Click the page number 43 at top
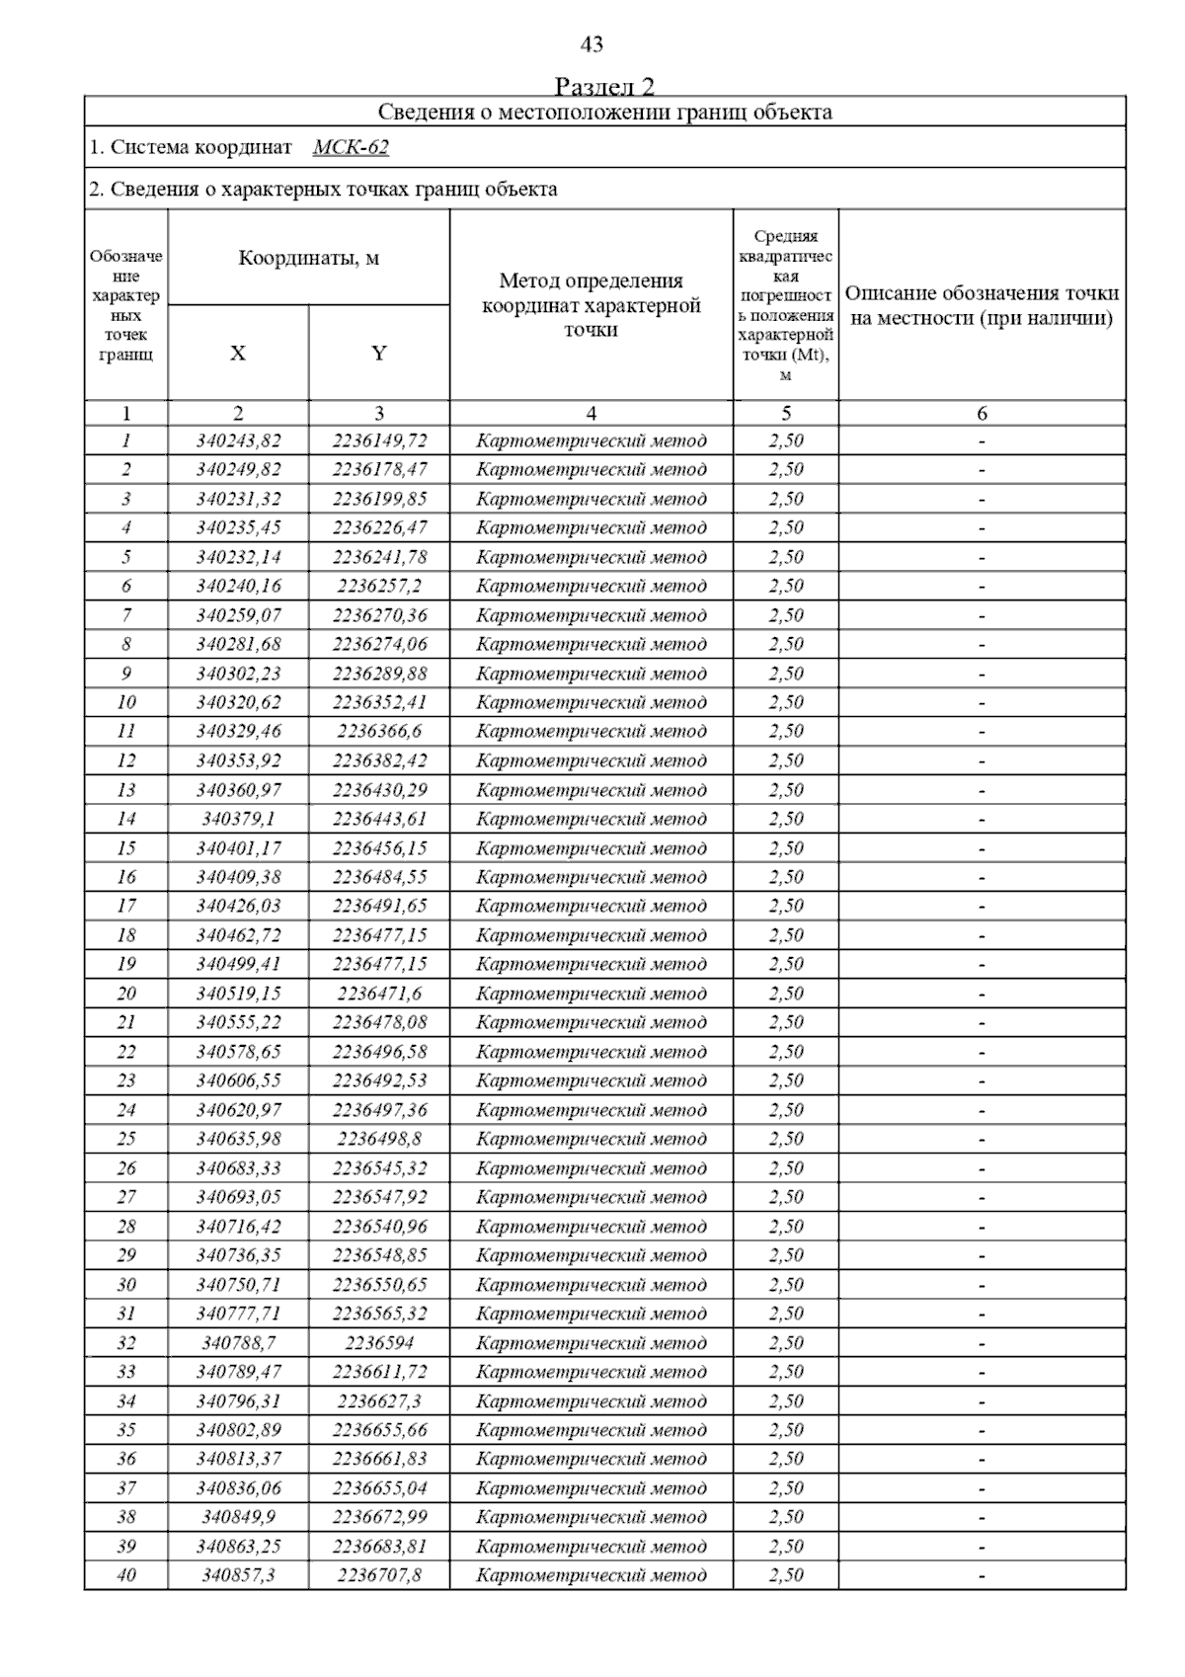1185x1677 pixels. tap(592, 44)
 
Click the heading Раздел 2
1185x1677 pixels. tap(604, 86)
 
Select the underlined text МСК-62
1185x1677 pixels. tap(351, 148)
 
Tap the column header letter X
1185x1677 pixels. tap(238, 354)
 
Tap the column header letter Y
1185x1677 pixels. tap(379, 354)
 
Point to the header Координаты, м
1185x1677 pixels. tap(309, 259)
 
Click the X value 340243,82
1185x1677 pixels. tap(238, 440)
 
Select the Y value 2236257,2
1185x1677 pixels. tap(379, 586)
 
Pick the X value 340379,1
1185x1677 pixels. tap(238, 819)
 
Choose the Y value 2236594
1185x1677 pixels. tap(379, 1343)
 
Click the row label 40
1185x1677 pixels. tap(126, 1575)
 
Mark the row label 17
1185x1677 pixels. tap(126, 906)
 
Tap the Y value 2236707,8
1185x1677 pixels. tap(379, 1575)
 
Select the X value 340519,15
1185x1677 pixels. tap(238, 994)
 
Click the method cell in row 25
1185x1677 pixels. tap(591, 1139)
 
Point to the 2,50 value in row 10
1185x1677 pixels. tap(786, 702)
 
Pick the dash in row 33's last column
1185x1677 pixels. tap(982, 1372)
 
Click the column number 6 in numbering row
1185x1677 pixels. tap(982, 414)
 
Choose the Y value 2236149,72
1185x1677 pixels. tap(379, 440)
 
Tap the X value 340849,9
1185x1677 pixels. tap(238, 1517)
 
